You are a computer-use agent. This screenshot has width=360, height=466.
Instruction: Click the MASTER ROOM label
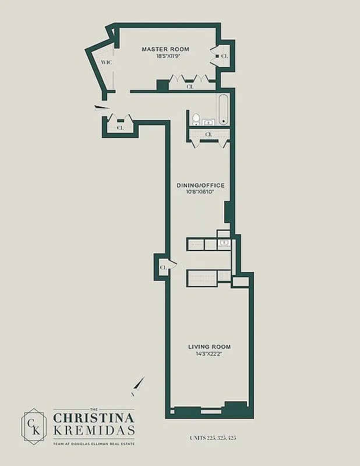tap(165, 50)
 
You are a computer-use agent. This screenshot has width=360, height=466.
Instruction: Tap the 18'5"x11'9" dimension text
tap(168, 57)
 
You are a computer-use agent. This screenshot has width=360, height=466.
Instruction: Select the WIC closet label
tap(107, 62)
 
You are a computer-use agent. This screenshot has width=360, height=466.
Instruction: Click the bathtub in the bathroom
tap(224, 109)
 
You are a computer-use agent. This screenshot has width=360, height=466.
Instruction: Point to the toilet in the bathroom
tap(196, 119)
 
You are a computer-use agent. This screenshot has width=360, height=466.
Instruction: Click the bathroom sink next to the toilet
tap(209, 122)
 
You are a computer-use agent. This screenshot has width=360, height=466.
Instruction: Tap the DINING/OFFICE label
tap(200, 185)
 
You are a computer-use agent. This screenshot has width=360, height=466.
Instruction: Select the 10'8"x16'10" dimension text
tap(200, 192)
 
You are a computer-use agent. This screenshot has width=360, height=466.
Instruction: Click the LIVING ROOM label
tap(209, 347)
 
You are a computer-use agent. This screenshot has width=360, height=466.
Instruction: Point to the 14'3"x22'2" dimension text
tap(209, 354)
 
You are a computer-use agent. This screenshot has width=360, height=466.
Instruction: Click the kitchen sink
tap(224, 244)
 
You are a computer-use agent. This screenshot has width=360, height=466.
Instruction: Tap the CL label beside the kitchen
tap(163, 267)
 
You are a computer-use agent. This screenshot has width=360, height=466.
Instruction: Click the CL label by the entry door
tap(120, 128)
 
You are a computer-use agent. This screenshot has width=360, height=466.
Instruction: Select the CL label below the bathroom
tap(209, 135)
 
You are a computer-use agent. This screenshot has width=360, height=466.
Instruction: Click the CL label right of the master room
tap(225, 56)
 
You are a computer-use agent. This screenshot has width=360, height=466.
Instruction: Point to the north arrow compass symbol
tap(137, 386)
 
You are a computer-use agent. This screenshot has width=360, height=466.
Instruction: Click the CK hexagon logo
tap(34, 426)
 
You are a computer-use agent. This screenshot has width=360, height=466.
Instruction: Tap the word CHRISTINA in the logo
tap(94, 418)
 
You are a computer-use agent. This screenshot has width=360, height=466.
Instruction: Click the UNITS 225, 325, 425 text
tap(213, 438)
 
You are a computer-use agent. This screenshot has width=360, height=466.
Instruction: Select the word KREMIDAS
tap(94, 430)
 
